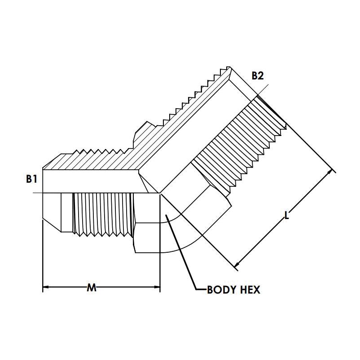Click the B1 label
(x=31, y=179)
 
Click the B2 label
(x=258, y=76)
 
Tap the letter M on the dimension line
(x=92, y=287)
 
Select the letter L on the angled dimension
(x=286, y=215)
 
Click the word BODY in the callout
(x=221, y=290)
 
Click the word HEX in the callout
(x=250, y=290)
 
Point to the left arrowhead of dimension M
(x=46, y=287)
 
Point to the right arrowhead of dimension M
(x=157, y=287)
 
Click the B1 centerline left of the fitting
(x=38, y=193)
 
